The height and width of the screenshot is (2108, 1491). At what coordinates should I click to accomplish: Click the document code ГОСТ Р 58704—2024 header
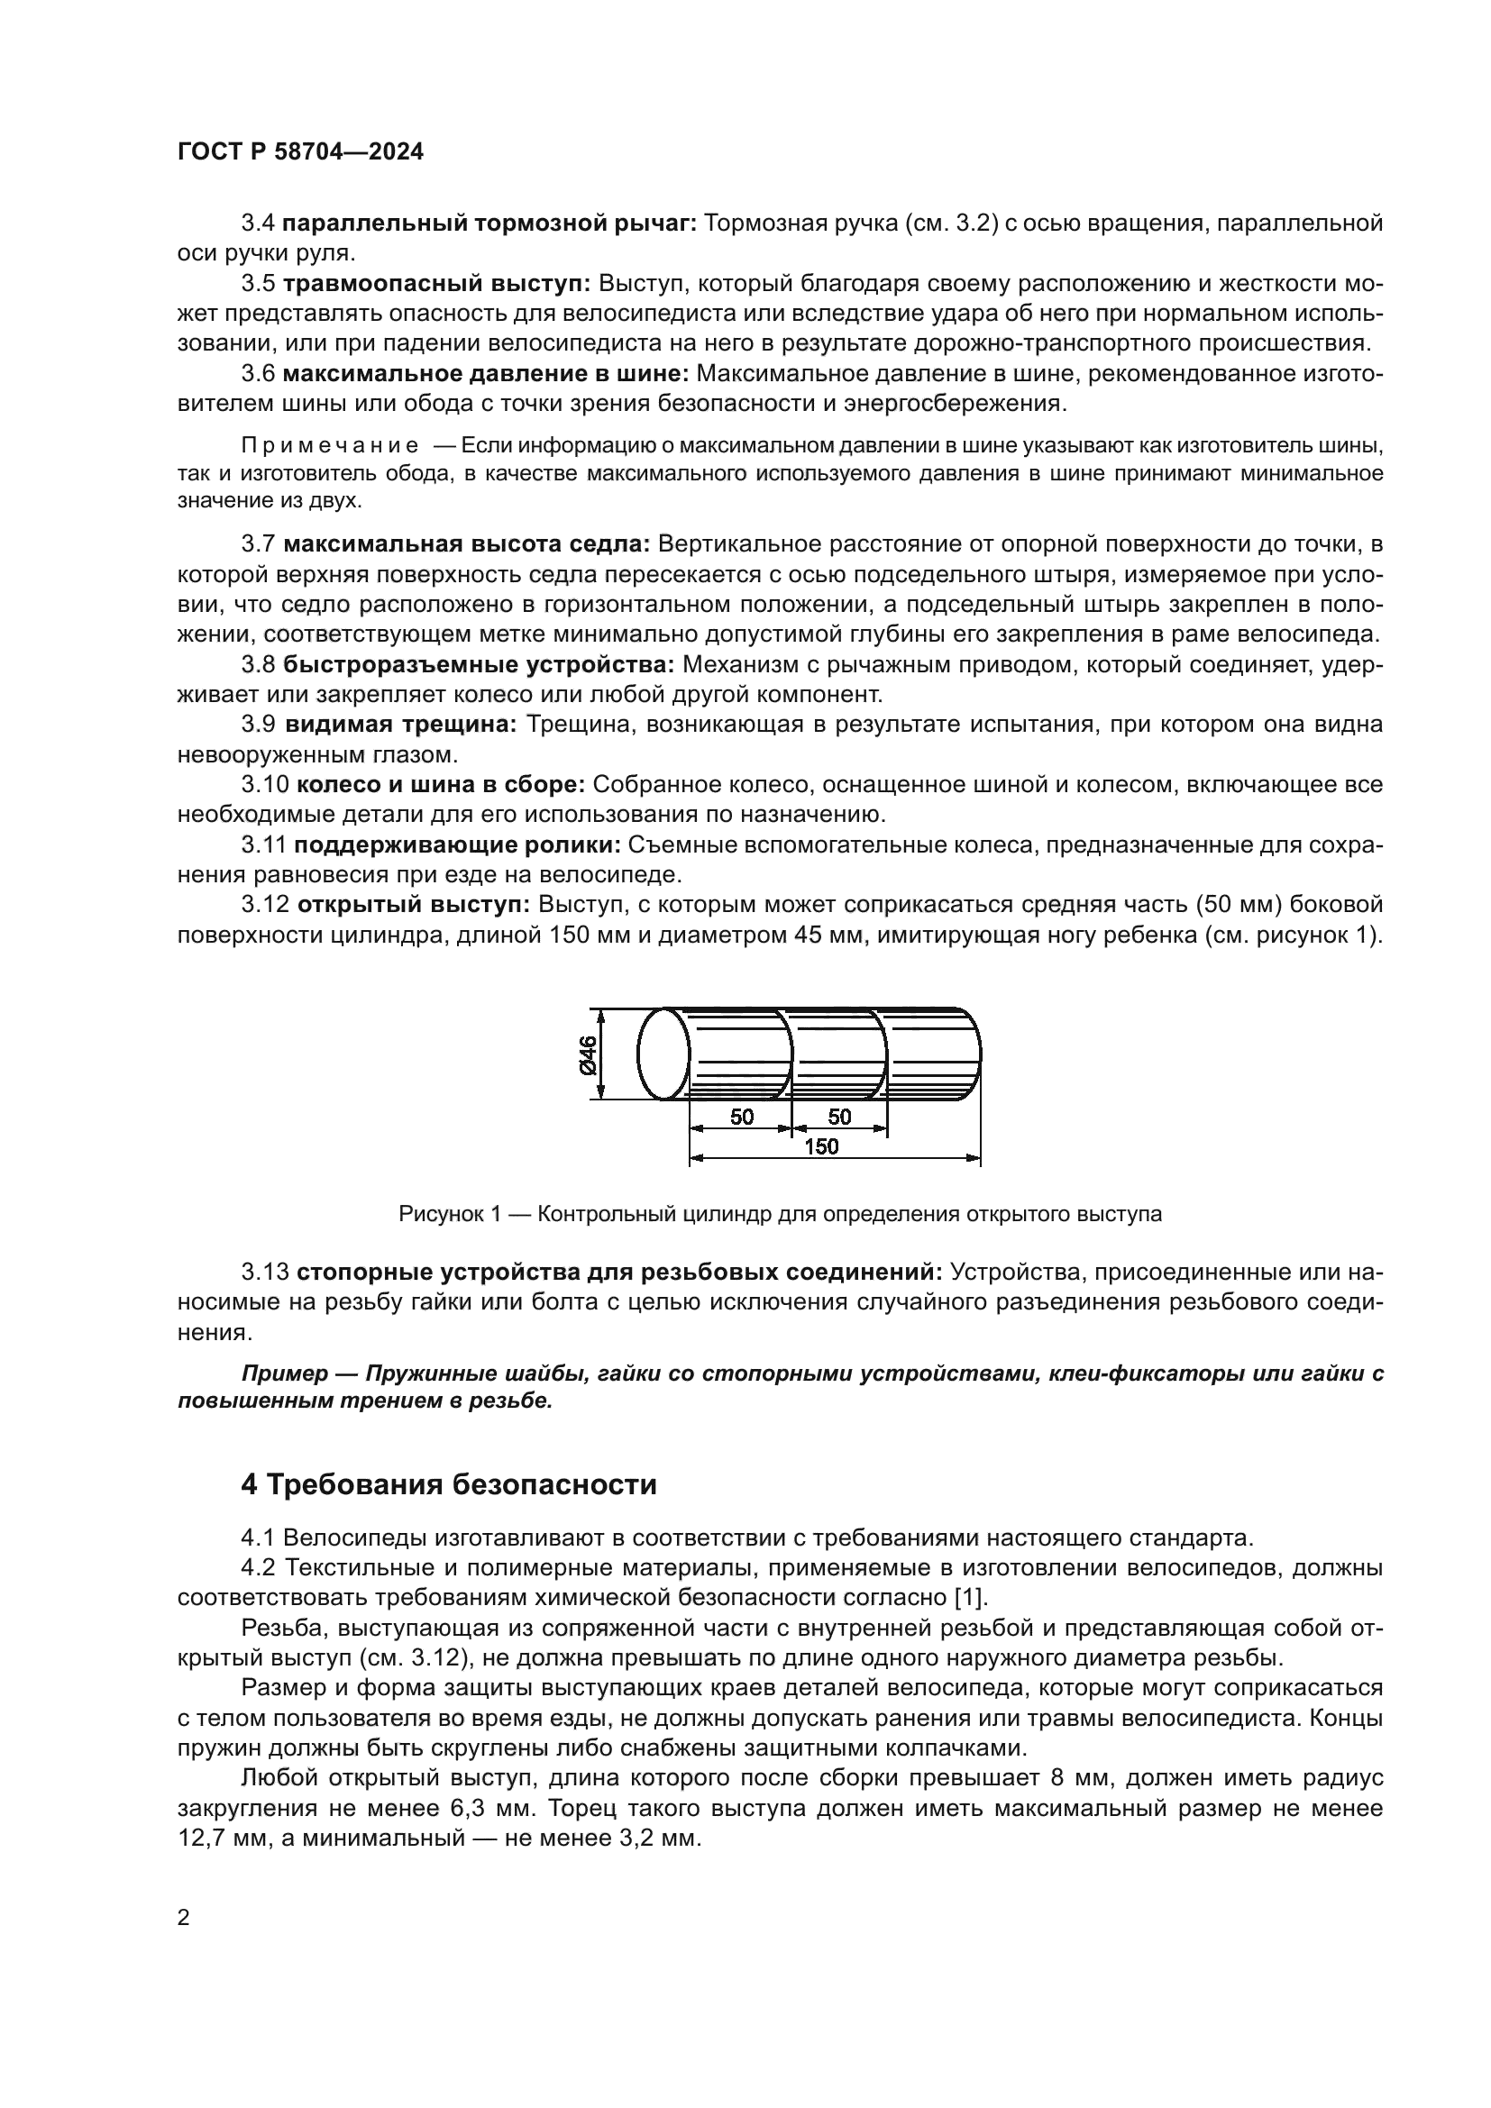(x=300, y=152)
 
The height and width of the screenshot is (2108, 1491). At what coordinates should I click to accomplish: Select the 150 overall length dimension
(x=821, y=1146)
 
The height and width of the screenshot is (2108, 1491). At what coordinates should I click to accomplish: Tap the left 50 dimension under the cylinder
(x=742, y=1117)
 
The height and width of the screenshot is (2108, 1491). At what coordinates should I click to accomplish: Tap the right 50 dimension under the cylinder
(x=839, y=1117)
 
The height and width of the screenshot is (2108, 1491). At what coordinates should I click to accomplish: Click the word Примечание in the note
(x=330, y=446)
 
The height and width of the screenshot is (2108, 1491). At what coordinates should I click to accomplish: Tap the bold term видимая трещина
(x=401, y=725)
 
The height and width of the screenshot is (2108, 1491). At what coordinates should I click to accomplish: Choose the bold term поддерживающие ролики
(x=457, y=844)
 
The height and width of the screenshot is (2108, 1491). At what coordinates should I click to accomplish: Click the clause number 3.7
(x=258, y=543)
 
